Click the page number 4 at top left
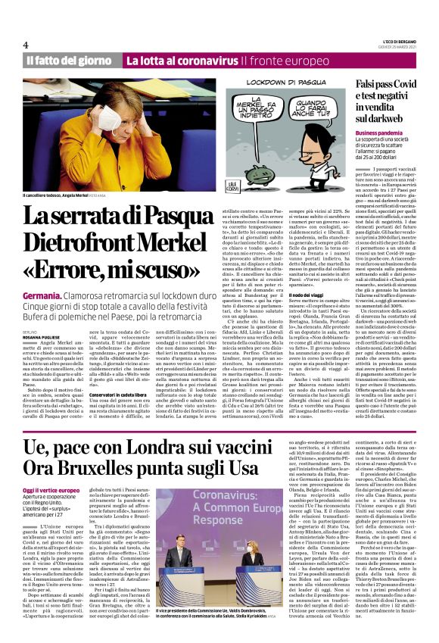pyautogui.click(x=26, y=45)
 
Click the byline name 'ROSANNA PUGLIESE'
pyautogui.click(x=44, y=336)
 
